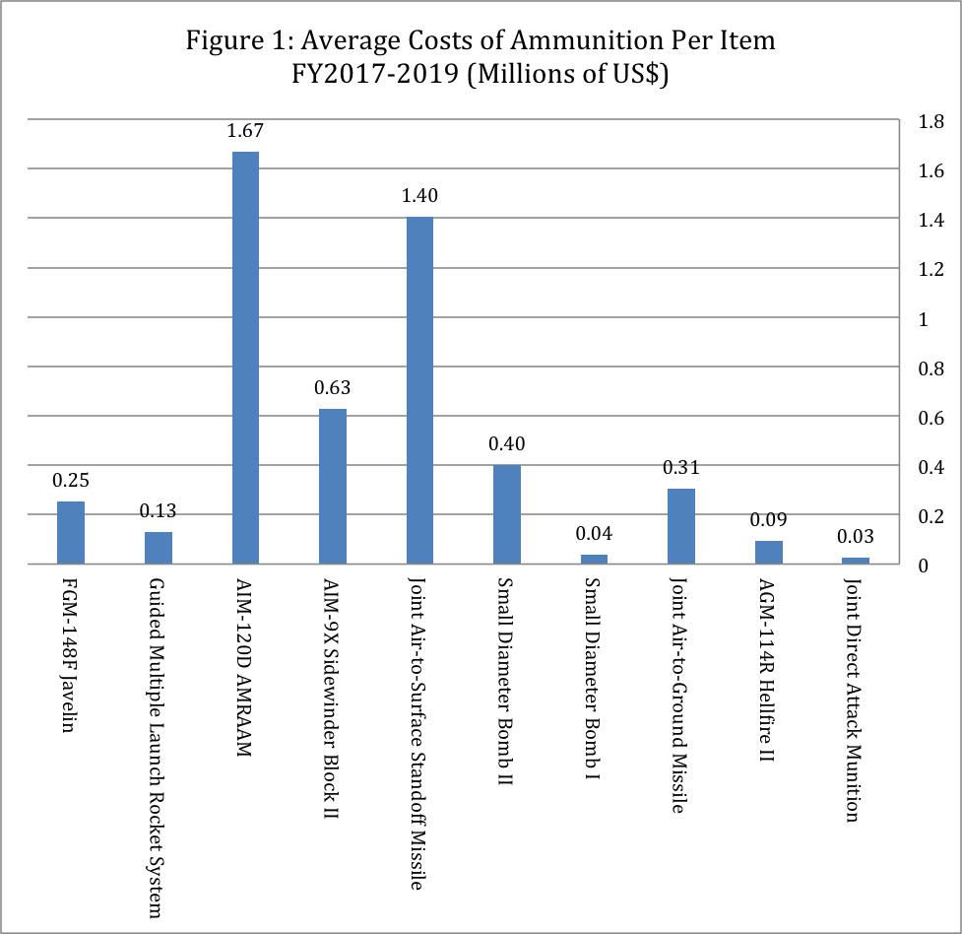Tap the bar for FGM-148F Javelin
pos(71,532)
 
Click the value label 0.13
pos(158,511)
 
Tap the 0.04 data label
pos(594,534)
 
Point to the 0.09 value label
pos(769,520)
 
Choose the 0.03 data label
pos(856,538)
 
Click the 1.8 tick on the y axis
pos(930,122)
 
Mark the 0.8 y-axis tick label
pos(930,368)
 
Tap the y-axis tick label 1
pos(924,319)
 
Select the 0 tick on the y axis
pos(924,566)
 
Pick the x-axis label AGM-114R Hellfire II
pos(769,670)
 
